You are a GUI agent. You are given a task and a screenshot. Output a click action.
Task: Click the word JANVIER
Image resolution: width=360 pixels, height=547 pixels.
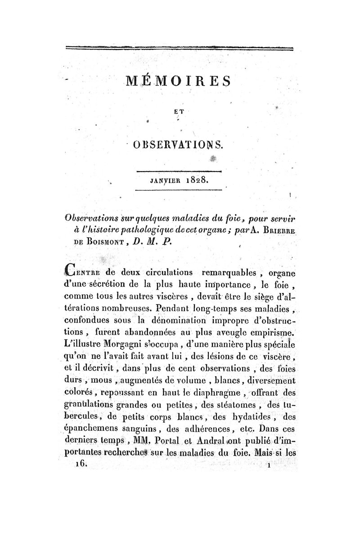point(163,181)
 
